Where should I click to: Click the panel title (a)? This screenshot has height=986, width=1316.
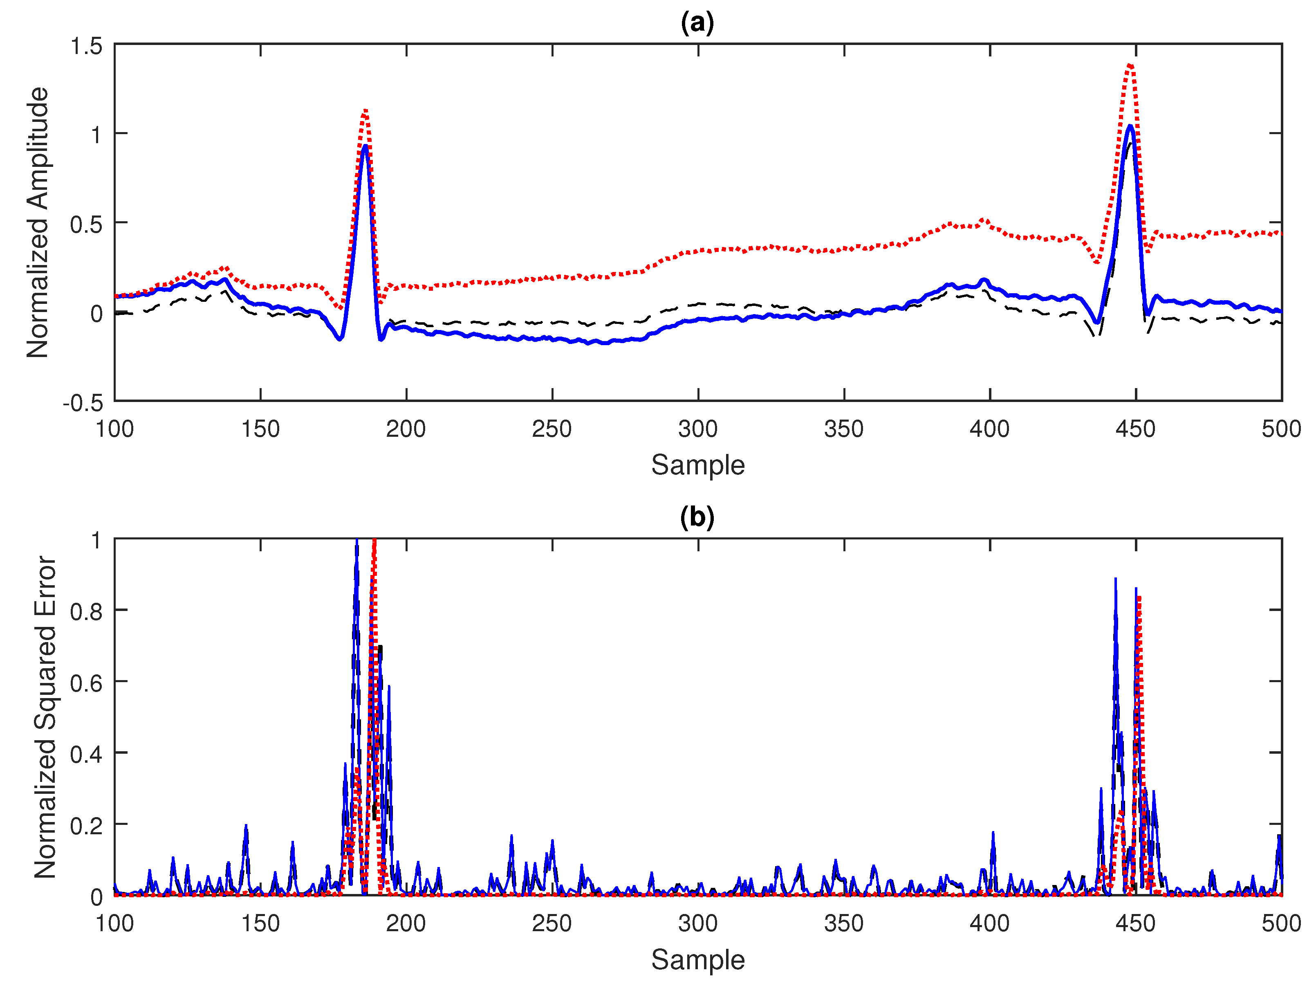point(697,22)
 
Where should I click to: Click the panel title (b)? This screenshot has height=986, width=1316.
point(697,517)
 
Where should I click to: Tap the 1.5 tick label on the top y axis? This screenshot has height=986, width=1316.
point(86,46)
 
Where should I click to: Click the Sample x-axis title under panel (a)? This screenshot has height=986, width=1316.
point(697,465)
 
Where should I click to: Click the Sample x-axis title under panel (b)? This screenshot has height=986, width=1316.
point(697,959)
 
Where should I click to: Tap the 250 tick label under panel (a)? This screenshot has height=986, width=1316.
point(552,429)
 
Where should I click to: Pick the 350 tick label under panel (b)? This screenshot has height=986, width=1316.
point(844,923)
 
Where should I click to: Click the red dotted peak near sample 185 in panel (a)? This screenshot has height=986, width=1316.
point(365,111)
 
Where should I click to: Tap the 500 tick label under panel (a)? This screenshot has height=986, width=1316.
point(1281,429)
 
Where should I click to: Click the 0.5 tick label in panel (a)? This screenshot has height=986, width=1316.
point(86,225)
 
